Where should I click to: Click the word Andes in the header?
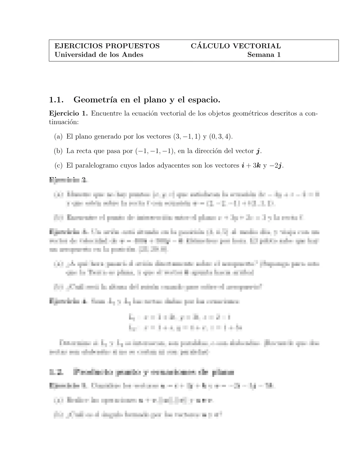click(133, 55)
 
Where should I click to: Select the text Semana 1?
click(264, 55)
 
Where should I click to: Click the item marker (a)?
click(58, 137)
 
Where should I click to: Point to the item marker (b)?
click(58, 151)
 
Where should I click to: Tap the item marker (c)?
click(58, 165)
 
